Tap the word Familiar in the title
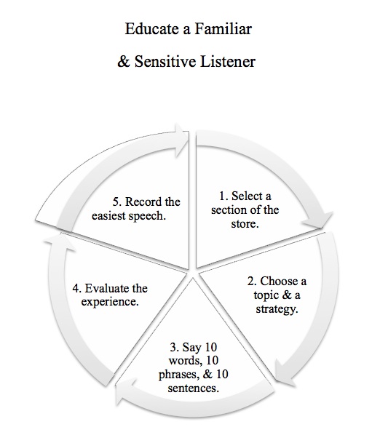[223, 29]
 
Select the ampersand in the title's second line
[124, 61]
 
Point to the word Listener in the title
[228, 61]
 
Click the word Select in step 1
[247, 196]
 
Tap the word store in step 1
[245, 223]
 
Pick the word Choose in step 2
[278, 281]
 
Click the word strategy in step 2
[277, 308]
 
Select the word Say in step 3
[192, 347]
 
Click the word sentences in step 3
[193, 388]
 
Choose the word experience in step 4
[110, 302]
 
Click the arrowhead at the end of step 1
[318, 220]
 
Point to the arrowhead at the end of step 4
[60, 242]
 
